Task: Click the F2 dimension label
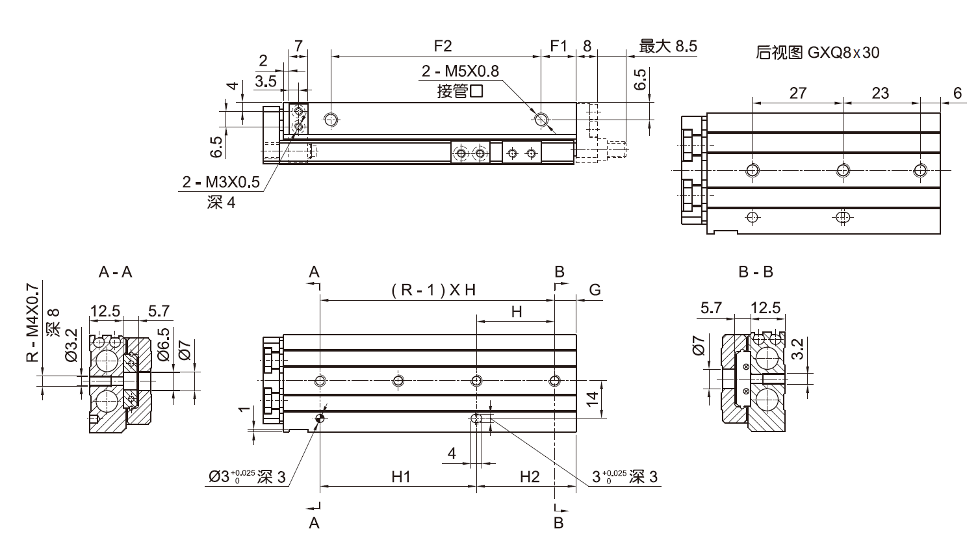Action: pos(443,46)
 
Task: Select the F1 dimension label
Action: pos(559,46)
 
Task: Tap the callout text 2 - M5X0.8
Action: pos(460,71)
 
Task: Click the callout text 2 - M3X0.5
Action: pos(221,183)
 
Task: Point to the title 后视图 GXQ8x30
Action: pos(817,53)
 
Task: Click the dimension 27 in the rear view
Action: pos(797,93)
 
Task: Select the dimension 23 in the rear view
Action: pos(880,93)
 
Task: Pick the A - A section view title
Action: pos(115,272)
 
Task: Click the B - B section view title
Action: pos(756,272)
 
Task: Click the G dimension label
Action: pos(595,290)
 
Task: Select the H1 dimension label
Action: pos(401,477)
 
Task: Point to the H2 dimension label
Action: pos(530,477)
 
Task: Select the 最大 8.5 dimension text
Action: pos(668,46)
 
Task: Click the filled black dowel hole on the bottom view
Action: pos(319,418)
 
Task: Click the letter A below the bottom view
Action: pos(314,523)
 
